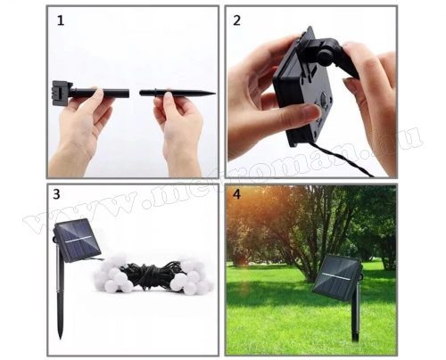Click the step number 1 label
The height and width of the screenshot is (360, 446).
point(61,20)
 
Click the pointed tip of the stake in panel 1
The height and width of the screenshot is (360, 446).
point(212,92)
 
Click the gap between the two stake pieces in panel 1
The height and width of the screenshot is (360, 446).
point(135,92)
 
